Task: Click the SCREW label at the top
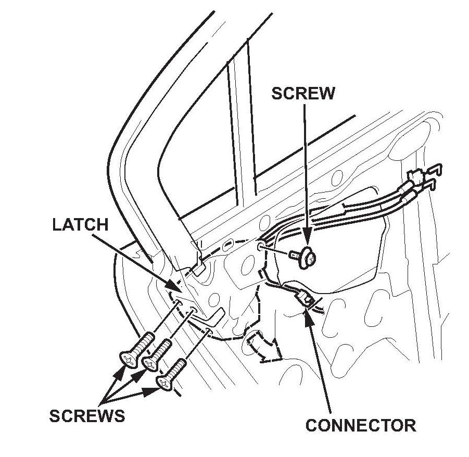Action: point(303,94)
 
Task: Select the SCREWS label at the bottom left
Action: point(87,416)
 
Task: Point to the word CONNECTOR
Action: point(361,425)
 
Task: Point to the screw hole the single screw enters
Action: point(262,245)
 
